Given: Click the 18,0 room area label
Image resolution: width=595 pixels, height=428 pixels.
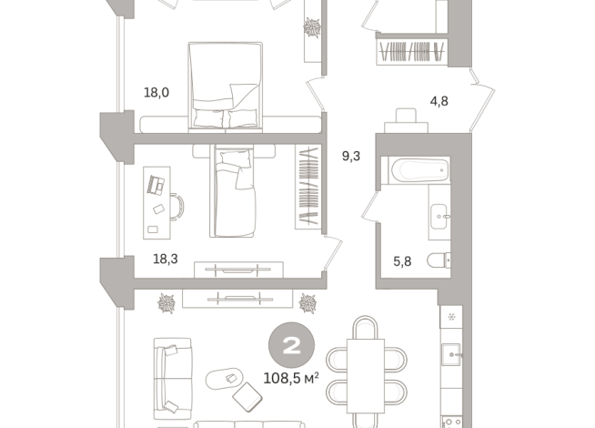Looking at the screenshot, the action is pyautogui.click(x=156, y=93).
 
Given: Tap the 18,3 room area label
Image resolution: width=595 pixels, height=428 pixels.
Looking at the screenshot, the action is pyautogui.click(x=166, y=259).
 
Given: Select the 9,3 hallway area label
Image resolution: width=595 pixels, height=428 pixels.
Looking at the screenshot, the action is pyautogui.click(x=351, y=156).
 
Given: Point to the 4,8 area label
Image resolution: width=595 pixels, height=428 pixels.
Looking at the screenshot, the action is pyautogui.click(x=439, y=101).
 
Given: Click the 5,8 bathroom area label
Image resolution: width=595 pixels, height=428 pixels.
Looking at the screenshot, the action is pyautogui.click(x=402, y=261).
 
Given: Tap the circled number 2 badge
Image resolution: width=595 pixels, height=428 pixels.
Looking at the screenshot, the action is pyautogui.click(x=291, y=345).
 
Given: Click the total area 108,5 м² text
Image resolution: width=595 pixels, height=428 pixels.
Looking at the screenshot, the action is pyautogui.click(x=291, y=378).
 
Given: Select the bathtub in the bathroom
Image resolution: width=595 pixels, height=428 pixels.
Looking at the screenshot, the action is pyautogui.click(x=419, y=170).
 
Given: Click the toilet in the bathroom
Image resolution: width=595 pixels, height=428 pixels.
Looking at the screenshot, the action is pyautogui.click(x=439, y=260).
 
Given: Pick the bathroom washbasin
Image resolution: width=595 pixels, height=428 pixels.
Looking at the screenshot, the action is pyautogui.click(x=439, y=217).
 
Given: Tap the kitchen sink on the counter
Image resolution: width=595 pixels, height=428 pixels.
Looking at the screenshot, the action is pyautogui.click(x=451, y=355).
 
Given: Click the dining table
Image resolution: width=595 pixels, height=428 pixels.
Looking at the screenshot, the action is pyautogui.click(x=366, y=376).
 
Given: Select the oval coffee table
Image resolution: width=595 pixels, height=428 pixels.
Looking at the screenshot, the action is pyautogui.click(x=225, y=379).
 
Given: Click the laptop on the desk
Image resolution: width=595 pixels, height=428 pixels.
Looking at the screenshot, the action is pyautogui.click(x=156, y=185).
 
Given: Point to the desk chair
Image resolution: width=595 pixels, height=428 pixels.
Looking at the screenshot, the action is pyautogui.click(x=177, y=207).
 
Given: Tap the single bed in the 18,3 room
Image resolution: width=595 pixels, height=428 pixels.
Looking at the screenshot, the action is pyautogui.click(x=233, y=191).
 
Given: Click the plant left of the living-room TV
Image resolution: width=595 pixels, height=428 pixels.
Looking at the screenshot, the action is pyautogui.click(x=167, y=303).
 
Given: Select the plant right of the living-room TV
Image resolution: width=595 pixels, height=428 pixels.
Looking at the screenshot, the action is pyautogui.click(x=308, y=303).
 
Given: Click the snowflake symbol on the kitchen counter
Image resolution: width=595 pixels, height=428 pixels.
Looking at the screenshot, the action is pyautogui.click(x=451, y=316).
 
